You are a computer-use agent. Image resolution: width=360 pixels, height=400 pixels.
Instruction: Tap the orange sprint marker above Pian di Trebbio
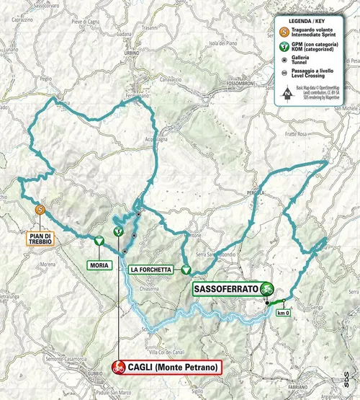(41, 210)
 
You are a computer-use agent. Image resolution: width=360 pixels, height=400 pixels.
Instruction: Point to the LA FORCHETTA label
(150, 270)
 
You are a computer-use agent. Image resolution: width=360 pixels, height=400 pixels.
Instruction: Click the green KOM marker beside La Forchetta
(186, 270)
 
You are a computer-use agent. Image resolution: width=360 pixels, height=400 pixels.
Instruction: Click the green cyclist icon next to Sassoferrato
(267, 288)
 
